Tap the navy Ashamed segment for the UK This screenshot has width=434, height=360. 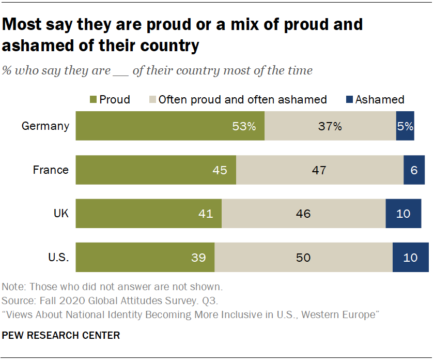pyautogui.click(x=403, y=213)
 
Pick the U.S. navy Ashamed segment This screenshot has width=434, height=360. pyautogui.click(x=410, y=257)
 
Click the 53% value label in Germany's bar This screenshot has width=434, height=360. pyautogui.click(x=244, y=126)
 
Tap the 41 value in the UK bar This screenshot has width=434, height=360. pyautogui.click(x=206, y=213)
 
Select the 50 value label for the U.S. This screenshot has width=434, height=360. pyautogui.click(x=303, y=257)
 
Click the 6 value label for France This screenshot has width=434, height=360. pyautogui.click(x=414, y=170)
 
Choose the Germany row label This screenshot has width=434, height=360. pyautogui.click(x=45, y=126)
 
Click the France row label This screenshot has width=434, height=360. pyautogui.click(x=51, y=170)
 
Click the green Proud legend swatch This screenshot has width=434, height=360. pyautogui.click(x=92, y=99)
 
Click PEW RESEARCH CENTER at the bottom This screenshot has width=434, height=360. pyautogui.click(x=61, y=336)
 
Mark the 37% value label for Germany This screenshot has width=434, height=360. pyautogui.click(x=330, y=126)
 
